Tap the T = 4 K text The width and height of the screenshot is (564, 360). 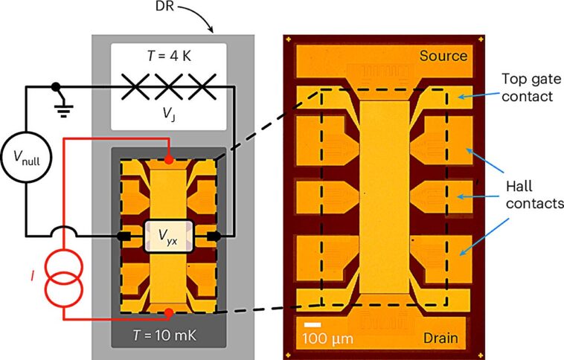point(167,56)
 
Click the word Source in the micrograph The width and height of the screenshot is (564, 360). point(443,56)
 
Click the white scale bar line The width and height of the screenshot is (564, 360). point(313,324)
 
